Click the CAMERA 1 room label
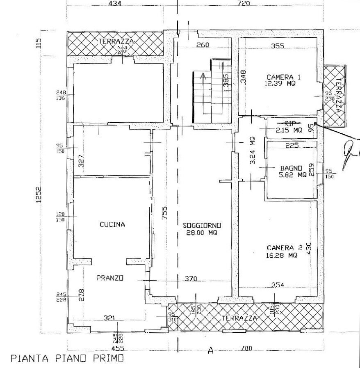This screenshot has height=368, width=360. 280,77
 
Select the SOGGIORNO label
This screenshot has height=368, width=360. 203,225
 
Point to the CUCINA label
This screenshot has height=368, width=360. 112,224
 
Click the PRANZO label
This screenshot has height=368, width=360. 110,278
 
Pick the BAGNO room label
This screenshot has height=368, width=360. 292,168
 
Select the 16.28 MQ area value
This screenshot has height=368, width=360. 281,255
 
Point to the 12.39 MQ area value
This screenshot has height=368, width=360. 280,84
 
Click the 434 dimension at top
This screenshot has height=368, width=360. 116,4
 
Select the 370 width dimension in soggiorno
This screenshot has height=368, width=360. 190,279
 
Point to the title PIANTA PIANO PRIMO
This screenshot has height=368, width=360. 66,358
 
